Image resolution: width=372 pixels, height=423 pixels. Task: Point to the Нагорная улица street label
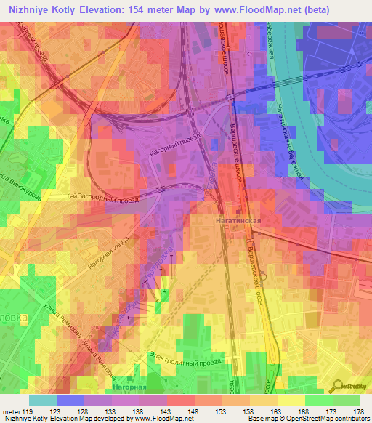(x=108, y=252)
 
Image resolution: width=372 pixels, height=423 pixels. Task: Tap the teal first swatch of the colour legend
(x=42, y=400)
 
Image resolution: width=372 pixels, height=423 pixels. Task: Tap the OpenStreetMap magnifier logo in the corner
(x=339, y=385)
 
